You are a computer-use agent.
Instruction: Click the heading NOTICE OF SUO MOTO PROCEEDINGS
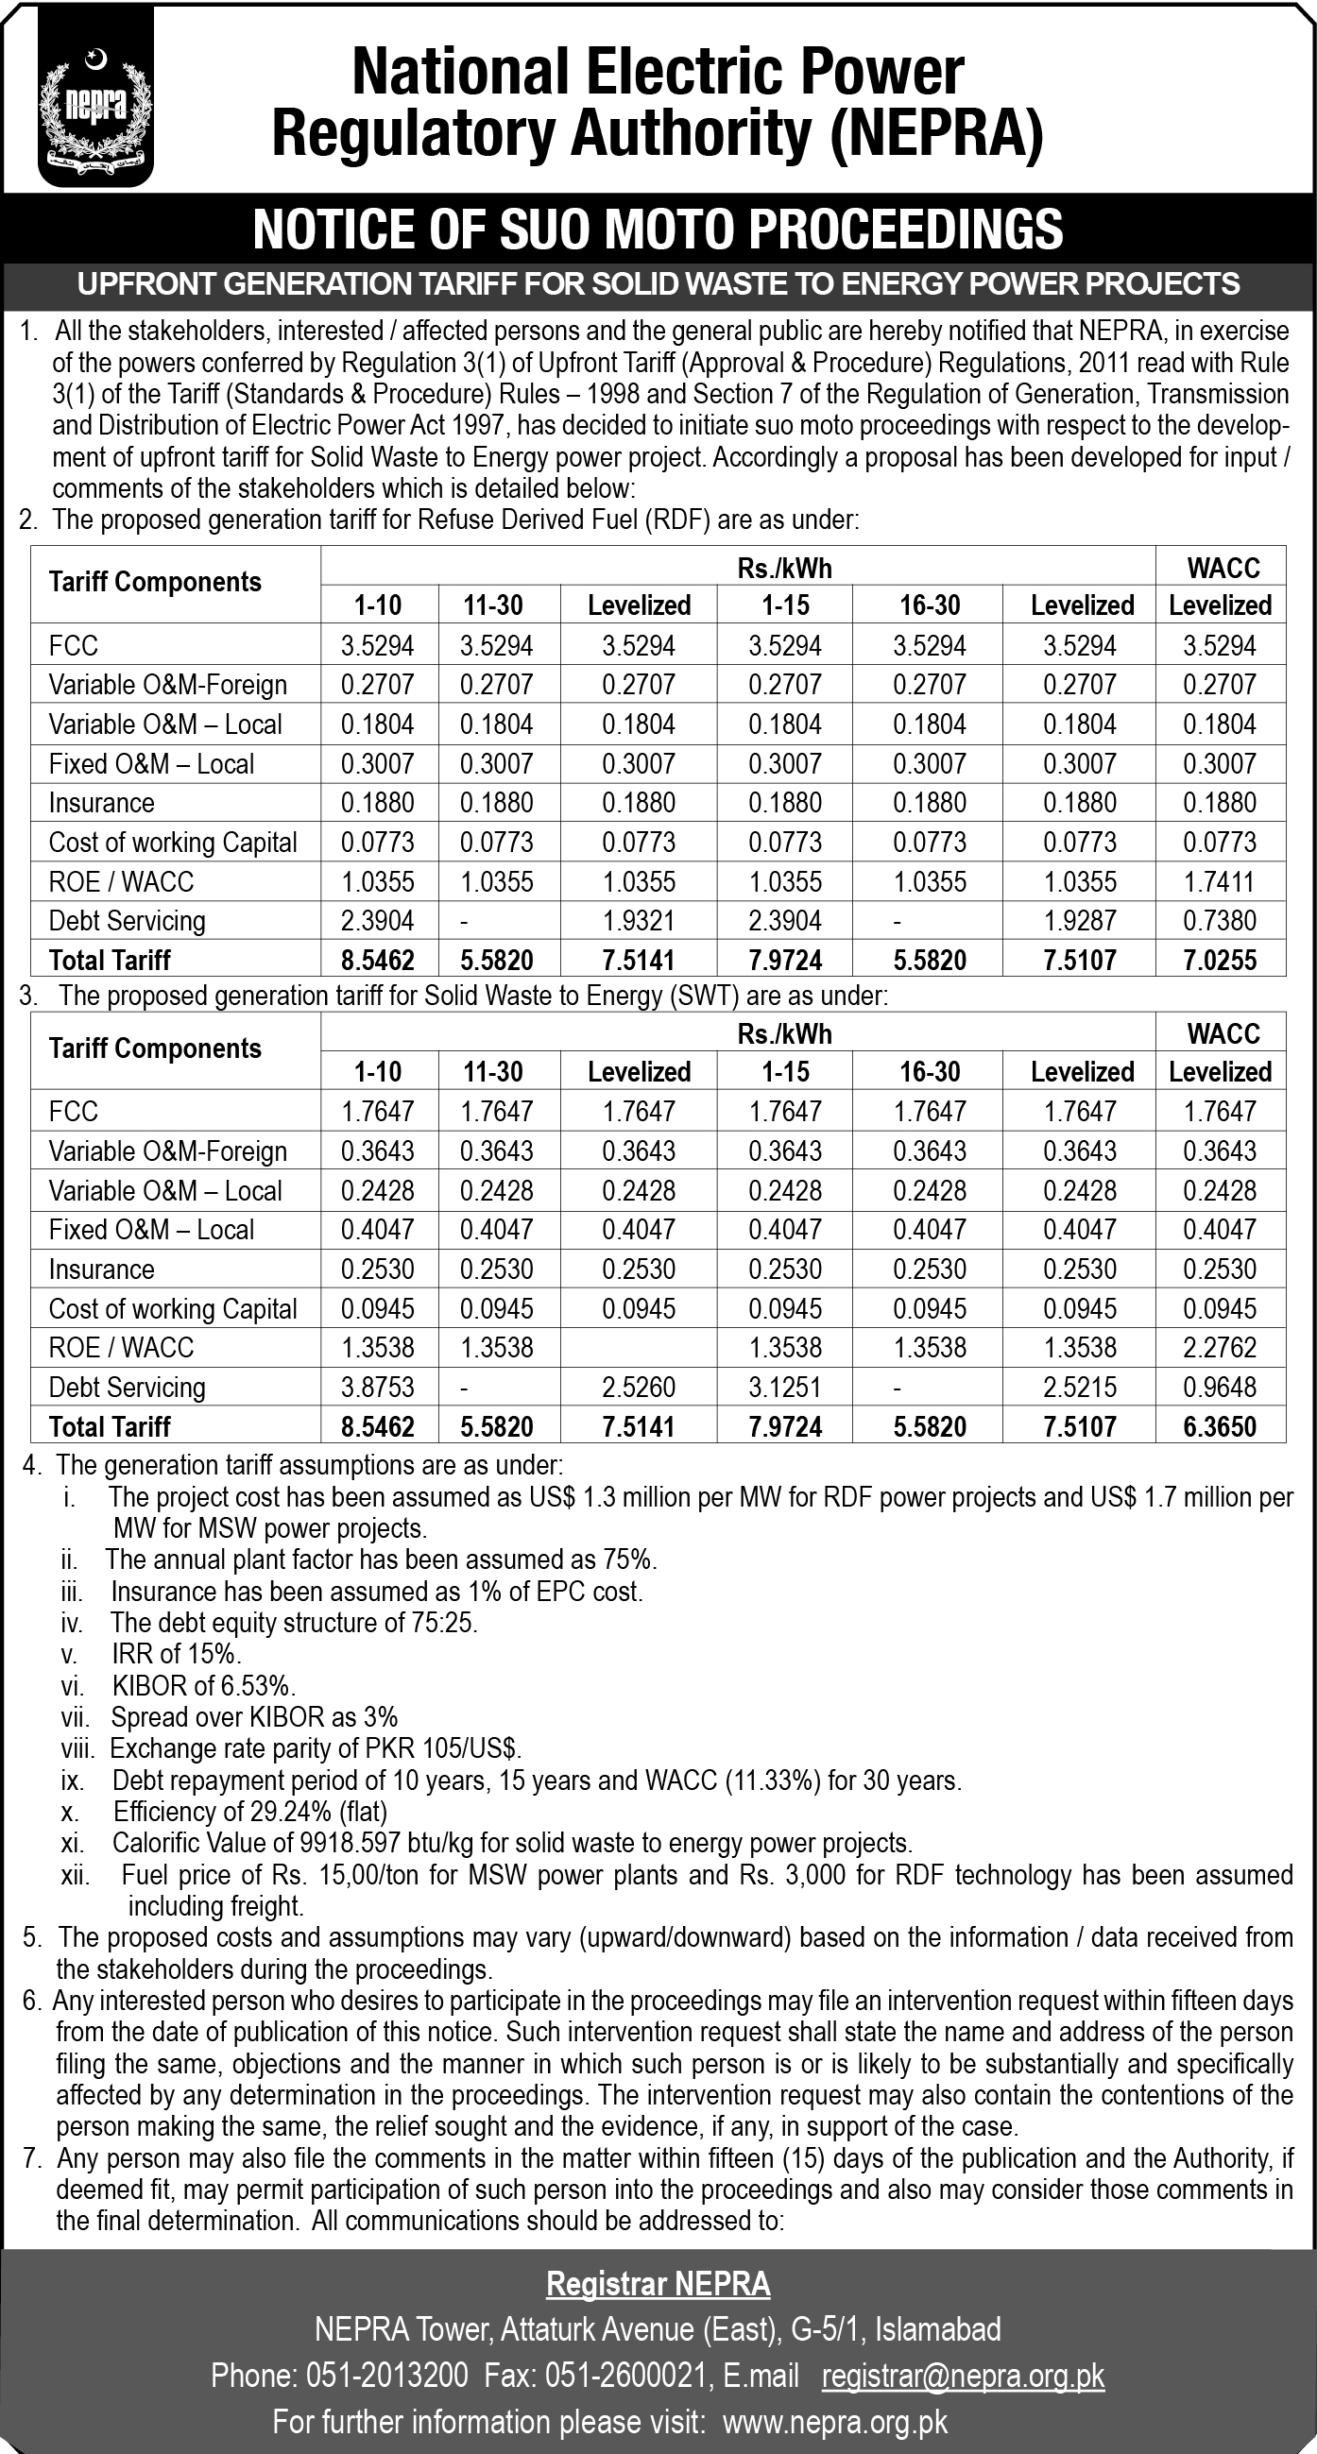[658, 230]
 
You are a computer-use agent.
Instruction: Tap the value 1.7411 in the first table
[1220, 881]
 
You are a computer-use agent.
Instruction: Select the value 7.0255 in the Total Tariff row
[1220, 960]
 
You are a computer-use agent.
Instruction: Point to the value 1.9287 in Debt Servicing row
[1080, 920]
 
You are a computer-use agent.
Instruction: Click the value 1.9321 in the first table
[639, 920]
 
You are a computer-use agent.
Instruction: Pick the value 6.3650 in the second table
[1220, 1426]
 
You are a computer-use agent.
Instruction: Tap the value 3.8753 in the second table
[377, 1387]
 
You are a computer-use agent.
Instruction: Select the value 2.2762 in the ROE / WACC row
[1220, 1347]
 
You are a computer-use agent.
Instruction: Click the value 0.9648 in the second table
[1220, 1387]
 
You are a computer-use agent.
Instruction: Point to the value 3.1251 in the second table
[785, 1387]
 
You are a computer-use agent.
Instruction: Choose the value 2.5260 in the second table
[639, 1387]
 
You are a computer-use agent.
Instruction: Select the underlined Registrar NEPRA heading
[658, 2283]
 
